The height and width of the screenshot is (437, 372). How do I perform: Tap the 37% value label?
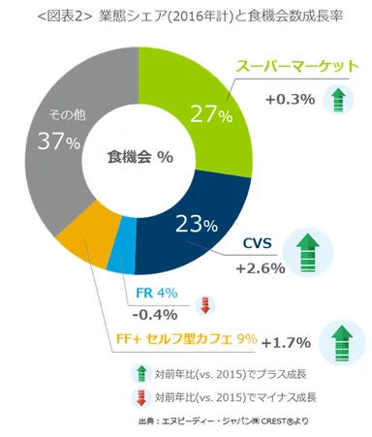point(58,141)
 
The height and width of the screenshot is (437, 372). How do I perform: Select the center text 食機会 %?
point(139,156)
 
